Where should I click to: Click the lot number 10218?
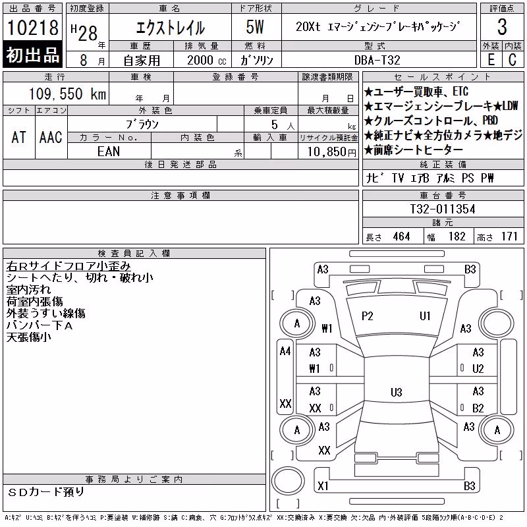click(x=33, y=28)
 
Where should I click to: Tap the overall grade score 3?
click(x=502, y=27)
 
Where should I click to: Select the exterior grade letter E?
click(x=491, y=60)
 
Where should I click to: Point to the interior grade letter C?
click(x=513, y=60)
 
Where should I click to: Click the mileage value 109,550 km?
click(x=67, y=94)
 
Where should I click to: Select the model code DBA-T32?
click(x=377, y=60)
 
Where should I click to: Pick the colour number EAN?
click(x=109, y=152)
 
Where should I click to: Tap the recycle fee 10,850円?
click(x=332, y=152)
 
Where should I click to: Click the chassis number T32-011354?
click(x=442, y=209)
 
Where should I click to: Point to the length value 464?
click(x=401, y=236)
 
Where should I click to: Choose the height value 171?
click(x=509, y=236)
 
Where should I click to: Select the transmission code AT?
click(x=18, y=137)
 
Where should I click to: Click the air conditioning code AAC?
click(x=51, y=137)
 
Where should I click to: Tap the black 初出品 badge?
click(x=32, y=55)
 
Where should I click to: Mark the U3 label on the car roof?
click(x=397, y=392)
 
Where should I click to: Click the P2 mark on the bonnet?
click(x=368, y=316)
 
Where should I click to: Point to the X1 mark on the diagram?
click(x=323, y=485)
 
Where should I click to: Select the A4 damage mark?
click(x=285, y=351)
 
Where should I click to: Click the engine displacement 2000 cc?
click(x=207, y=60)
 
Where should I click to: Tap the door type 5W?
click(x=255, y=27)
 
